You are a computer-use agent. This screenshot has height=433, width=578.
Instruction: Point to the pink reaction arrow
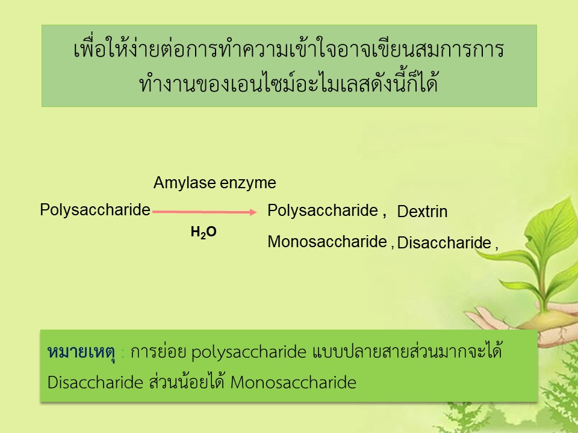click(x=204, y=212)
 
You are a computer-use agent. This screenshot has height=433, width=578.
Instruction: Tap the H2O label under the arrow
click(x=204, y=232)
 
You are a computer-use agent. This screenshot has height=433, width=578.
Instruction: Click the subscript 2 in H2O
click(x=203, y=236)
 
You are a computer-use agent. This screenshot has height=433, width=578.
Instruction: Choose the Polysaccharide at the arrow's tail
click(x=95, y=210)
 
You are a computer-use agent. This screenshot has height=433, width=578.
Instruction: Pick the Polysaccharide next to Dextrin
click(x=323, y=211)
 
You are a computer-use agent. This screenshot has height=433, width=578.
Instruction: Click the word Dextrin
click(x=422, y=211)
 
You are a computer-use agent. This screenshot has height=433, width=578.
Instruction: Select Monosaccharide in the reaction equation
click(x=328, y=242)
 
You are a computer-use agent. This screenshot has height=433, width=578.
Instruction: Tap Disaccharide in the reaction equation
click(x=444, y=242)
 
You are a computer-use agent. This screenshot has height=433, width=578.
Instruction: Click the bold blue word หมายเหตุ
click(x=81, y=352)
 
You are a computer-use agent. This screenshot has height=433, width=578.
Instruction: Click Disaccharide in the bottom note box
click(x=95, y=382)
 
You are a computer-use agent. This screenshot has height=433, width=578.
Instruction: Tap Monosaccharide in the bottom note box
click(x=293, y=382)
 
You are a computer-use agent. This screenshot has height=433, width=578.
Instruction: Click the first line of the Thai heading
click(x=288, y=48)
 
